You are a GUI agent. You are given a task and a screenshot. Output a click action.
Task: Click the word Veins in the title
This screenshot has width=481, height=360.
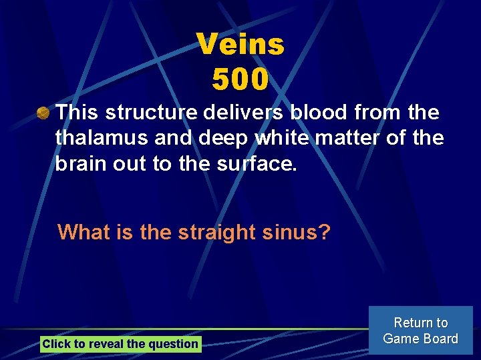240,45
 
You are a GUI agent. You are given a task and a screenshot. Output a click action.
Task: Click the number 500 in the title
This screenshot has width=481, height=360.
240,79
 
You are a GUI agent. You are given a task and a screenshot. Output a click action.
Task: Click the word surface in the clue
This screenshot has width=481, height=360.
257,163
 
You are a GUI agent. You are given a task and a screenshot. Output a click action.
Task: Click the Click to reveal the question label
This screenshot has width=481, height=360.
120,344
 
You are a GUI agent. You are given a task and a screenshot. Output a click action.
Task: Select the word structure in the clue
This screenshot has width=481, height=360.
148,113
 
